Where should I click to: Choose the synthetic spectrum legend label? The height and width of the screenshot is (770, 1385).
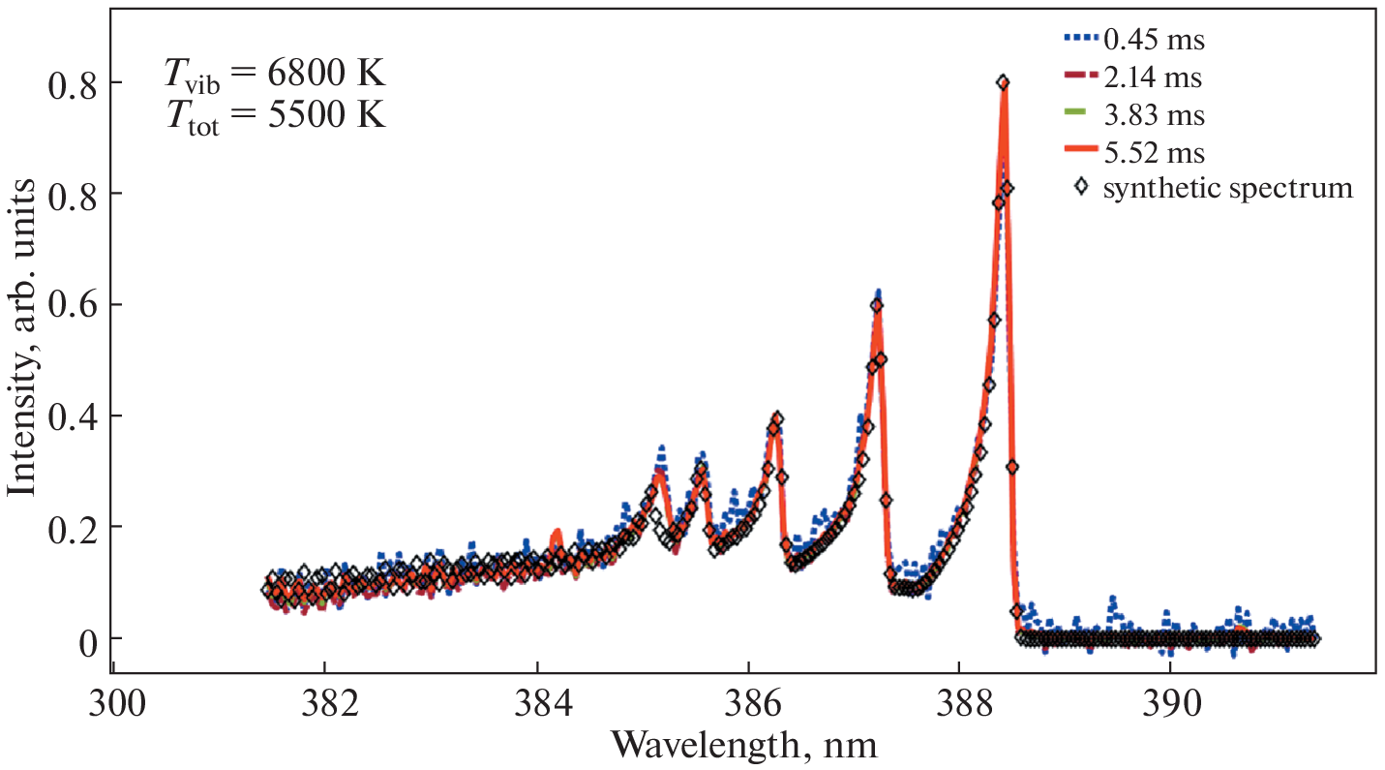pos(1228,188)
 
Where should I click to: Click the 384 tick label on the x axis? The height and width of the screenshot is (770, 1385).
pos(536,699)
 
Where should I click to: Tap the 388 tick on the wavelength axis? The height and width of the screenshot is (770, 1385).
pos(959,699)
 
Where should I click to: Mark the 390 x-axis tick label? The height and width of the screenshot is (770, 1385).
pos(1170,699)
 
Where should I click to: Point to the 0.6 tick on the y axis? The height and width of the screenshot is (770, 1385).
pos(75,305)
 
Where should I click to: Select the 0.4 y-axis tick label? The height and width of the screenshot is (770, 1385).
pos(75,416)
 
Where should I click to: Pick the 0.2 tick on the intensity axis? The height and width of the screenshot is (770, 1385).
pos(75,527)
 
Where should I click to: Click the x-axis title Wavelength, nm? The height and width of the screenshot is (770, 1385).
pos(744,745)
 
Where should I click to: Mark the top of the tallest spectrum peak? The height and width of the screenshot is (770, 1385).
pos(1004,83)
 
